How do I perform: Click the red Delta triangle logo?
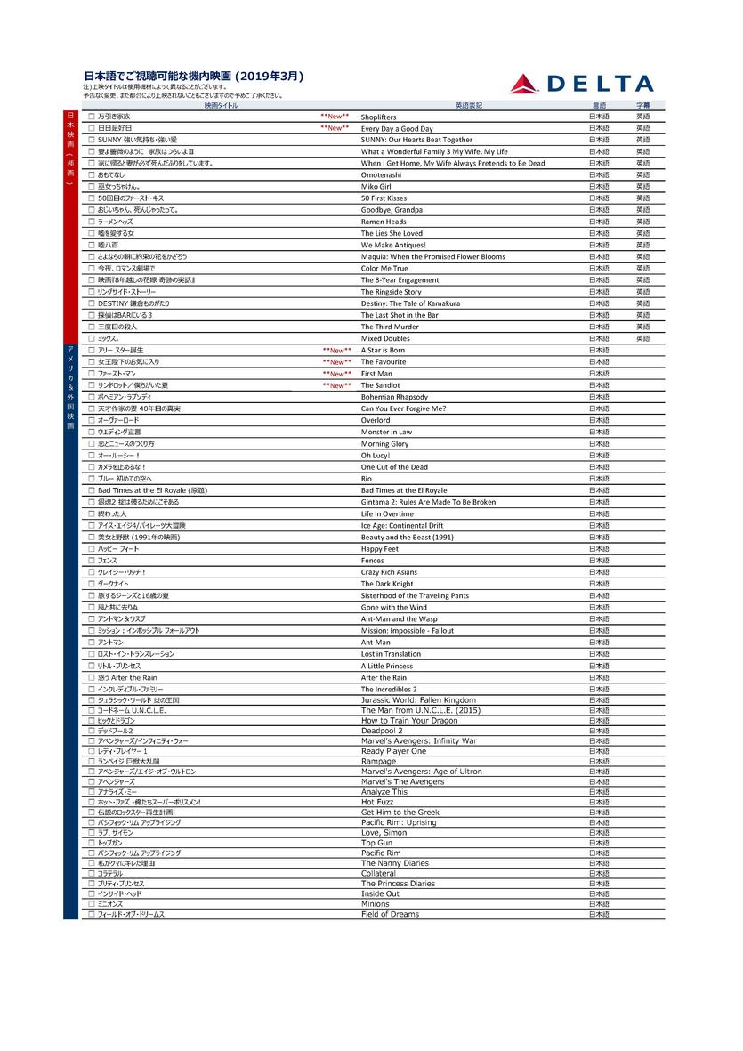point(524,85)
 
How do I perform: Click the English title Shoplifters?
point(378,117)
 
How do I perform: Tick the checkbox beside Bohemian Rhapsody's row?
point(91,397)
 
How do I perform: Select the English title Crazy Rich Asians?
point(389,572)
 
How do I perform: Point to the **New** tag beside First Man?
point(336,374)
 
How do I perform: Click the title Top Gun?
point(376,843)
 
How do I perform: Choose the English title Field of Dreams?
point(390,914)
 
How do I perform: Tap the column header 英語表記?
point(468,105)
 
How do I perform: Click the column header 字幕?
point(642,105)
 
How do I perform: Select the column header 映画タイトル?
point(221,105)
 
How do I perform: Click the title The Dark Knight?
point(387,584)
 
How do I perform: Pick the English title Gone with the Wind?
point(393,607)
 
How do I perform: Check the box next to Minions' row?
point(91,903)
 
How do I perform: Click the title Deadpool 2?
point(384,731)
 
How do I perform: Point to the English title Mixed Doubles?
point(385,339)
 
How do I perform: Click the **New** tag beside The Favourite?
point(336,362)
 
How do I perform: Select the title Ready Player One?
point(393,751)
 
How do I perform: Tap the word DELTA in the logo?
point(600,85)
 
